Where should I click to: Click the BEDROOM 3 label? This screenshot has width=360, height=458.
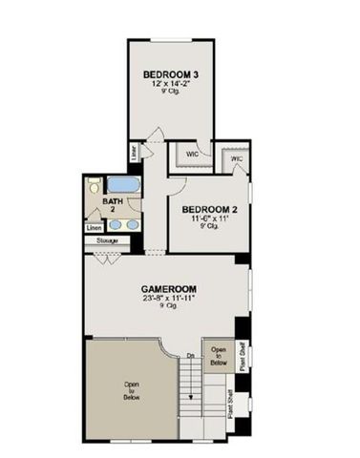171,74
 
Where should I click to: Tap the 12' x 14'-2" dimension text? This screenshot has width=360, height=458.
171,84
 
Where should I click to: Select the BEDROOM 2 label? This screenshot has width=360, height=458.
202,209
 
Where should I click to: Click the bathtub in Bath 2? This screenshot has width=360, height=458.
121,184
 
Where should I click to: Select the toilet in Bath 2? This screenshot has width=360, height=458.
95,188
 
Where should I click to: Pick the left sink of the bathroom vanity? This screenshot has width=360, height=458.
115,225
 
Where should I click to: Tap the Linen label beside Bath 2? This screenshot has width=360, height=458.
94,229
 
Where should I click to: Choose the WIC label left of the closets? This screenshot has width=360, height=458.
191,153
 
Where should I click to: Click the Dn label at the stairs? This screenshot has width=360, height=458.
191,357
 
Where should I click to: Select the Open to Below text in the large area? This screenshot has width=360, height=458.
132,390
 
